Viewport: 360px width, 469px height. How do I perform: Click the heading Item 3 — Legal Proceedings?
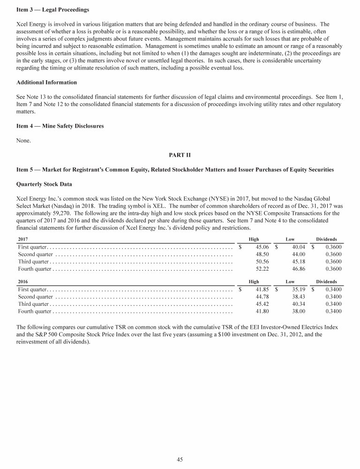pos(52,10)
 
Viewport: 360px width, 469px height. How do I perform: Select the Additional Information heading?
pos(46,83)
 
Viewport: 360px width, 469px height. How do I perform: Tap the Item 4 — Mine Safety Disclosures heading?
pos(60,126)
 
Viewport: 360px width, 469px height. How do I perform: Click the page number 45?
pos(180,460)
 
